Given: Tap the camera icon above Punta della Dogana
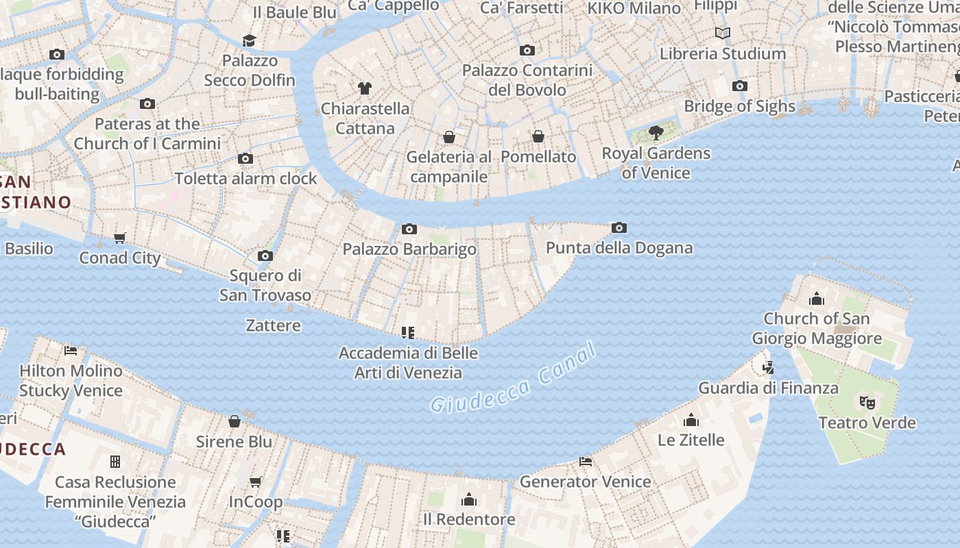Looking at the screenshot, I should [x=619, y=227].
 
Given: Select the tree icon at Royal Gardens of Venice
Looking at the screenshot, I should [x=656, y=132].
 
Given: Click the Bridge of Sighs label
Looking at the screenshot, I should [x=739, y=106].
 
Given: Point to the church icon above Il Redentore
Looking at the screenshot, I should [x=469, y=499].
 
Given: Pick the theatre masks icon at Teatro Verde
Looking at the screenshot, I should [x=867, y=402].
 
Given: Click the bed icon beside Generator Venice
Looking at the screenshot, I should [x=586, y=462].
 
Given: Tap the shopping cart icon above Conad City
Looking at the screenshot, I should [x=120, y=238].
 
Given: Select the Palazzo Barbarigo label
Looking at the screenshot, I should [x=409, y=249].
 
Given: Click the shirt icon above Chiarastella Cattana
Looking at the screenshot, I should [x=365, y=88].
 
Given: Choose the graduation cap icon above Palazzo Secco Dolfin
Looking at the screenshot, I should [x=249, y=40].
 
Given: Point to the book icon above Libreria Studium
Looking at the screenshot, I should [x=722, y=33].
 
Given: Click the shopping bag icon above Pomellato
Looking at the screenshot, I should [x=538, y=136].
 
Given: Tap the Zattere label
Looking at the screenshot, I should [x=274, y=325].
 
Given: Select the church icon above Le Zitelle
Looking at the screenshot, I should [x=691, y=419].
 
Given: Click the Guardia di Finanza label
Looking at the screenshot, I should [x=768, y=388].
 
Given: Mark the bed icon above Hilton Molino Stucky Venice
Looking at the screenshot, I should [x=71, y=351].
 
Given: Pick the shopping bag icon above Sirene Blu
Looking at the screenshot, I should [x=235, y=421].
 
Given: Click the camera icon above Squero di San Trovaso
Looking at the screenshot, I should [x=265, y=256].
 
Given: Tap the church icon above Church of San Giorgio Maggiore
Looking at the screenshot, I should [x=817, y=299].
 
